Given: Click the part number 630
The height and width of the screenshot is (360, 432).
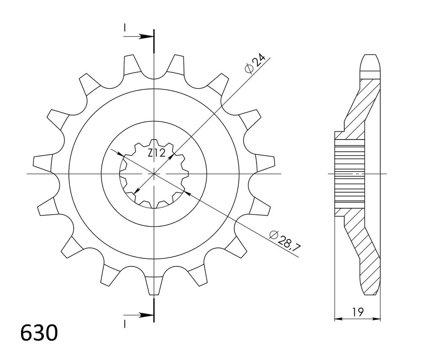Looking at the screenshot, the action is pos(39,333).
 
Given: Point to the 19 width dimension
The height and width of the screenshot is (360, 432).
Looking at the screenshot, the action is pos(358,312).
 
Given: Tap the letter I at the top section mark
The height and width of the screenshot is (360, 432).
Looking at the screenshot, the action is pos(125,27).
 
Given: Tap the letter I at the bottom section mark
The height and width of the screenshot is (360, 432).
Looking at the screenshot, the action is pos(125,324).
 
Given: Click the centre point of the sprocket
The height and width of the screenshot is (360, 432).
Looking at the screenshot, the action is pos(154,174).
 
